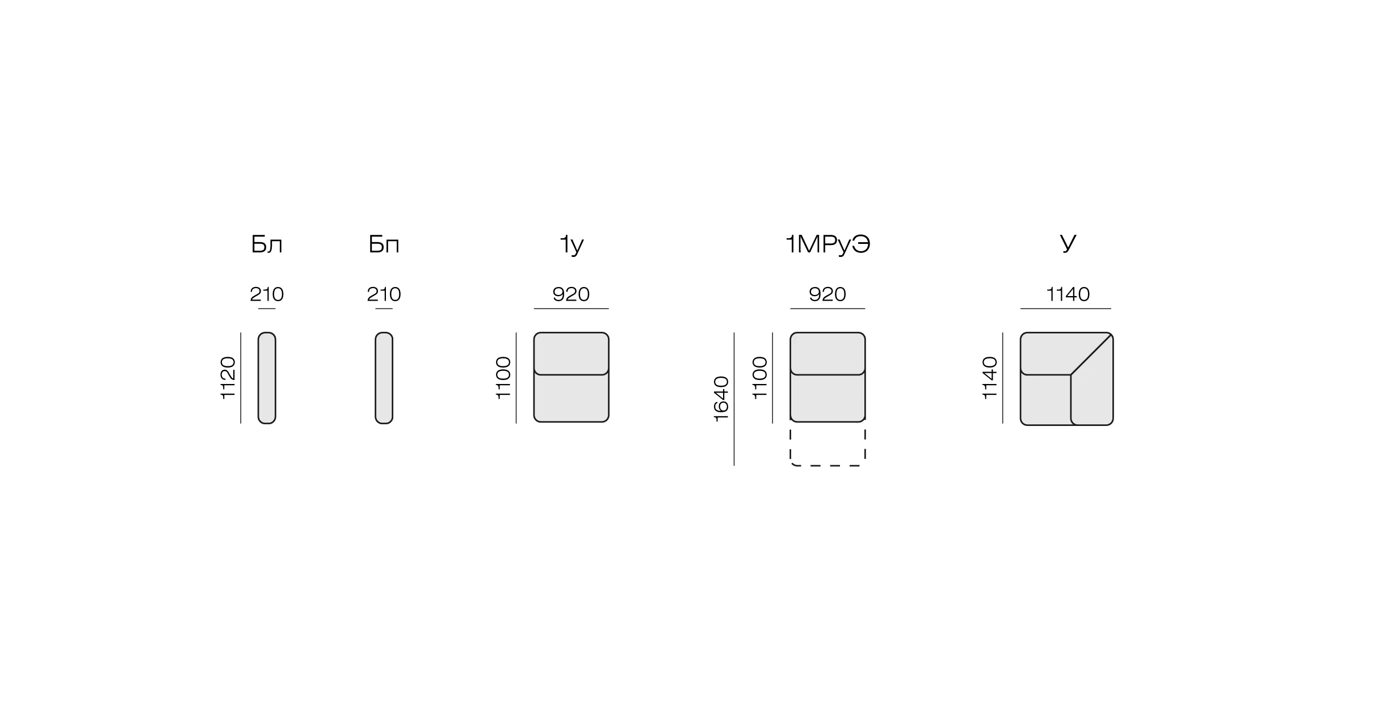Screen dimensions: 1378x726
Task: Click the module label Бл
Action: point(267,244)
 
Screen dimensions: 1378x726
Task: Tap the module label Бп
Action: point(384,244)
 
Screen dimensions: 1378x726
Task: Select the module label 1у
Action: point(572,245)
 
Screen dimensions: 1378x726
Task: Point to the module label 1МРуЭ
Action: point(828,245)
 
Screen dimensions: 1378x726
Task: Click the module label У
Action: point(1068,244)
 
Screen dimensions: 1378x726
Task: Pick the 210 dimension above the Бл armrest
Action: point(267,294)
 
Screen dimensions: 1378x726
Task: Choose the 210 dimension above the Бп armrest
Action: point(384,294)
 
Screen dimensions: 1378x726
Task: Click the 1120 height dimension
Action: point(228,378)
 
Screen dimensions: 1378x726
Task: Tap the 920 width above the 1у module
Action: point(572,294)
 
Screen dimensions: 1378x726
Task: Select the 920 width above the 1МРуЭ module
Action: point(827,294)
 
